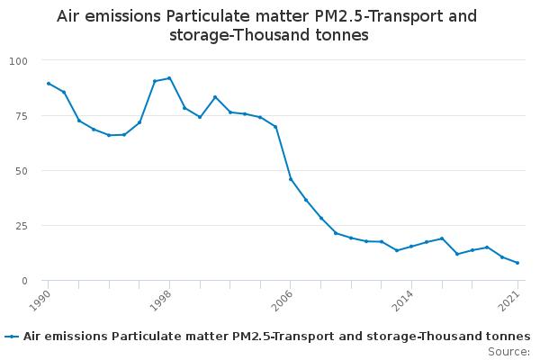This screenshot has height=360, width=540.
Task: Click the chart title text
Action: pyautogui.click(x=266, y=25)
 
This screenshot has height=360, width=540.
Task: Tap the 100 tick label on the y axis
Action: pyautogui.click(x=19, y=60)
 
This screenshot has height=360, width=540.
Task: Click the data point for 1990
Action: pyautogui.click(x=48, y=84)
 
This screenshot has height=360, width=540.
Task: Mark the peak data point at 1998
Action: pyautogui.click(x=169, y=78)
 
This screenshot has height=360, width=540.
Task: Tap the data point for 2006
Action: pyautogui.click(x=290, y=179)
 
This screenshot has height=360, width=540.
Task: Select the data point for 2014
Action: pyautogui.click(x=411, y=247)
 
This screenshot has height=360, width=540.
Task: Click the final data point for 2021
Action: pyautogui.click(x=517, y=263)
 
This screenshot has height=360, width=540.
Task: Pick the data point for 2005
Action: pyautogui.click(x=275, y=127)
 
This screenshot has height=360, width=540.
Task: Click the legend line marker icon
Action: pyautogui.click(x=12, y=337)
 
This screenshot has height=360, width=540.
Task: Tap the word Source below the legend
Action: pyautogui.click(x=507, y=352)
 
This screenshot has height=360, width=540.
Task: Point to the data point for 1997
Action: pyautogui.click(x=154, y=81)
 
